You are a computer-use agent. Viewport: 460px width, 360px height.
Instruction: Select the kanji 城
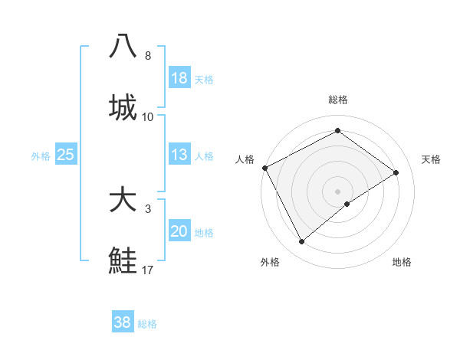[x=123, y=107]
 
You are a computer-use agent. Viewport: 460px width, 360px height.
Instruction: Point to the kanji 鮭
[x=123, y=260]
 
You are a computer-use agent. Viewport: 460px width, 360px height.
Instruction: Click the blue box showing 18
[x=179, y=78]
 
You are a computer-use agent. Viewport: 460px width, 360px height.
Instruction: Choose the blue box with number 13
[x=179, y=155]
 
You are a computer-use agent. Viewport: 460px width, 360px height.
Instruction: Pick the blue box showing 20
[x=179, y=231]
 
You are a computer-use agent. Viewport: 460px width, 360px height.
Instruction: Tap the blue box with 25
[x=66, y=155]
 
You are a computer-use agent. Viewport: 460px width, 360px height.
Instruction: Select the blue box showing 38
[x=123, y=322]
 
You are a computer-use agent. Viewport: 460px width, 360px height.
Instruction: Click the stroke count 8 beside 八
[x=148, y=56]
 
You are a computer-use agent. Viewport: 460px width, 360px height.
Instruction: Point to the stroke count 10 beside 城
[x=148, y=117]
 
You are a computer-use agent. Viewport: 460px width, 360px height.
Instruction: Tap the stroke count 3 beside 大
[x=148, y=209]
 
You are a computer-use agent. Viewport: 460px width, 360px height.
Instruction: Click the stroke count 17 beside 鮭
[x=148, y=270]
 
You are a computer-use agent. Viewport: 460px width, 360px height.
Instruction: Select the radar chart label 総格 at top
[x=338, y=100]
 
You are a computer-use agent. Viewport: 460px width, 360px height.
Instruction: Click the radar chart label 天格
[x=432, y=159]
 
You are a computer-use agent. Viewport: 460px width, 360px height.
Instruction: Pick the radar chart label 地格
[x=402, y=262]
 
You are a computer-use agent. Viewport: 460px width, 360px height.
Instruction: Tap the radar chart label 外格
[x=270, y=262]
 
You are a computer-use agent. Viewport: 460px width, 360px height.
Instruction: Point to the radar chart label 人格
[x=245, y=159]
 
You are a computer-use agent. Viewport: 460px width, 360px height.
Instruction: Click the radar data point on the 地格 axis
[x=347, y=204]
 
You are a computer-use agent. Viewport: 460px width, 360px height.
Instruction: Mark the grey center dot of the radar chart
[x=338, y=191]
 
